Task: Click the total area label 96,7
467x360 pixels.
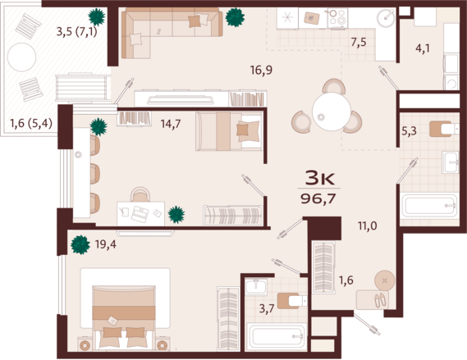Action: (x=318, y=198)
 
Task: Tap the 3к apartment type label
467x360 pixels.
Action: (x=320, y=178)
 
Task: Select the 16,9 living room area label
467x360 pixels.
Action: (x=261, y=71)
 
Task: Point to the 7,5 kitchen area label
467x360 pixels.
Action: (x=359, y=43)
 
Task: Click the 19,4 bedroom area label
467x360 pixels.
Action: (x=105, y=244)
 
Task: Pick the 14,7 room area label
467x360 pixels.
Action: (x=171, y=124)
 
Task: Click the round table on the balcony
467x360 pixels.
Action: (x=21, y=57)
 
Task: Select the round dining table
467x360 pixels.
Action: (x=332, y=112)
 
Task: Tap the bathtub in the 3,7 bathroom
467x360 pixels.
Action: (x=277, y=336)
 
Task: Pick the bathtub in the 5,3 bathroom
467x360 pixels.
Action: (x=429, y=205)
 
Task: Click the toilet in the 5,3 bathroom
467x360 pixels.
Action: (x=444, y=129)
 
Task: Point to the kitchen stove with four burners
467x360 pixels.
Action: (x=338, y=17)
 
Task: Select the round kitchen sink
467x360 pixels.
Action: (x=386, y=18)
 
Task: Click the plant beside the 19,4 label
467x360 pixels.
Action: (x=80, y=244)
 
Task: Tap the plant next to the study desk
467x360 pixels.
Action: (x=176, y=215)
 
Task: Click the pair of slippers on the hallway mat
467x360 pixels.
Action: (x=380, y=300)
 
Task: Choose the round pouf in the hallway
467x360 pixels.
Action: (x=385, y=280)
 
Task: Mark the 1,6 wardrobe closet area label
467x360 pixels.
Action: (x=346, y=280)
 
